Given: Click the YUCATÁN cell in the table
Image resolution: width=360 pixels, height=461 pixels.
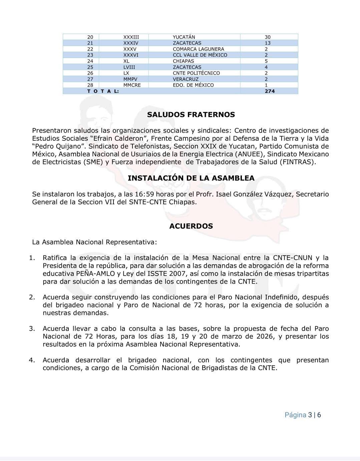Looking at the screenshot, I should point(184,37).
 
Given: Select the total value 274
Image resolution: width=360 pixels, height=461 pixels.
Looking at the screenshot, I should point(270,91).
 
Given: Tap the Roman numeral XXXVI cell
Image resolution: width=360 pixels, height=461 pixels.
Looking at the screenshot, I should point(131,55).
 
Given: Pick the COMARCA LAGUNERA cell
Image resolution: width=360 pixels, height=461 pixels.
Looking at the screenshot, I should point(198,49).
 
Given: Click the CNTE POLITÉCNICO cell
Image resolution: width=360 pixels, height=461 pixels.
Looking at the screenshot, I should point(196,73).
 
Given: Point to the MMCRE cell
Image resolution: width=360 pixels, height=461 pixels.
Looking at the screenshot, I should point(132,85).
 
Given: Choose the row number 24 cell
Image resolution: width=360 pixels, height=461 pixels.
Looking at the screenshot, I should point(90,61).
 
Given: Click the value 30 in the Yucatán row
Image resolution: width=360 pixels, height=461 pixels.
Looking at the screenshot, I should point(268,37).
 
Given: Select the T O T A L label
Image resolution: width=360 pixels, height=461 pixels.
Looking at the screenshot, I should point(103,91).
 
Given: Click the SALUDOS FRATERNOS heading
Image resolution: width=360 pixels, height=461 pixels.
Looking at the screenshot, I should point(191,115).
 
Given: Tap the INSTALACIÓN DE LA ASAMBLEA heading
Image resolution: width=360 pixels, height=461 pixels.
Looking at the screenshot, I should point(191,178).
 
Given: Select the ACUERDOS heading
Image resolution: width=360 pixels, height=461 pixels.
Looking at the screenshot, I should point(191,226).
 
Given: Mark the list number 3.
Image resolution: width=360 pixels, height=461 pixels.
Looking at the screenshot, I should point(32,328).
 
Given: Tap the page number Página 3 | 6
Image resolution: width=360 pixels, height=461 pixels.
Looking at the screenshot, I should point(303,415).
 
